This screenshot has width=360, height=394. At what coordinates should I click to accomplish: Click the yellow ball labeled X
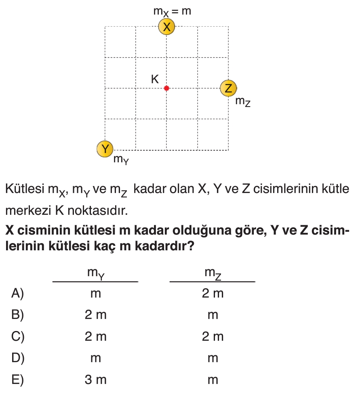pos(166,27)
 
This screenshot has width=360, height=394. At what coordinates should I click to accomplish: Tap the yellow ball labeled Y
pos(105,149)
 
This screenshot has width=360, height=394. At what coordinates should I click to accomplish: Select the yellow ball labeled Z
pos(228,88)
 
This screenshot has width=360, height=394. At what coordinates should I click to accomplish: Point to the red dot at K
pos(166,88)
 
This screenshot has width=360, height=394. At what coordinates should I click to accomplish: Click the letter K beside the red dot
pos(155,79)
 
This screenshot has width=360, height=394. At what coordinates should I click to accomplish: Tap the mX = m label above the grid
pos(172,11)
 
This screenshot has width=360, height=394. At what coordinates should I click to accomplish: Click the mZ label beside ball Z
pos(243,102)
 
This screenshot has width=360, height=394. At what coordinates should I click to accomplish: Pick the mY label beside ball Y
pos(121,160)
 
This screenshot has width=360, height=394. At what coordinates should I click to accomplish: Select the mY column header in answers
pos(96,274)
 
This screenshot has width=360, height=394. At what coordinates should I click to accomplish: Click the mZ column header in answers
pos(213,274)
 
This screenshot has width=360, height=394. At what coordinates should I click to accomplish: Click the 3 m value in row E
pos(96,379)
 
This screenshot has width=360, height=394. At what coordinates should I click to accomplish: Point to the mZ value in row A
pos(213,293)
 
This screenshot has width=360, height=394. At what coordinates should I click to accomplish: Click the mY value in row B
pos(96,315)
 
